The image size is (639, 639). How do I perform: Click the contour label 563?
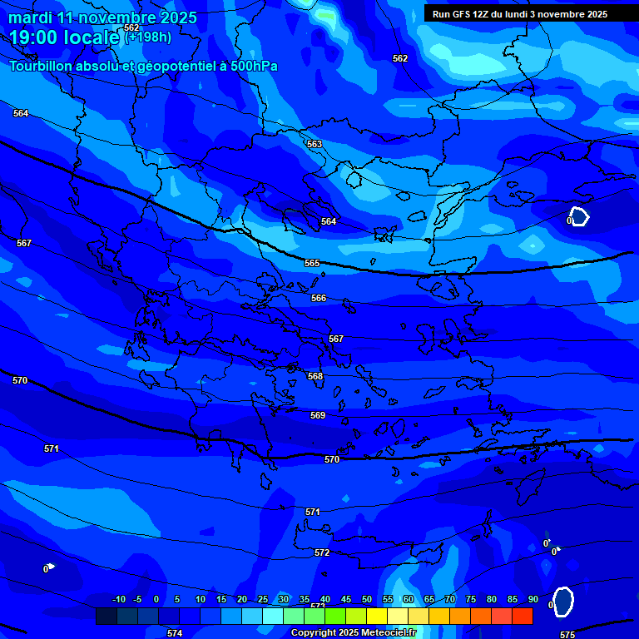(x=315, y=144)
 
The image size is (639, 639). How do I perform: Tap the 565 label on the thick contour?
(x=312, y=263)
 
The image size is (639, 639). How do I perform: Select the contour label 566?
(x=319, y=298)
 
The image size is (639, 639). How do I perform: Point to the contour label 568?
(x=315, y=376)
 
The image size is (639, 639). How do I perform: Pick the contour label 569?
(x=318, y=415)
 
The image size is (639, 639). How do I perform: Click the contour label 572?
(x=322, y=552)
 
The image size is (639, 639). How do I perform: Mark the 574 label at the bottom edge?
(x=175, y=633)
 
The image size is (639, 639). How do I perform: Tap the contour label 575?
(x=567, y=635)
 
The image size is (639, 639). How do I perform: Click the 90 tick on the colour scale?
(x=532, y=599)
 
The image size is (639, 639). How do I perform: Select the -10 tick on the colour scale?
(x=118, y=599)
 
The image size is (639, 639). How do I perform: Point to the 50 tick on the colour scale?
(x=367, y=599)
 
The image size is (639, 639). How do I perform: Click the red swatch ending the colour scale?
(x=523, y=616)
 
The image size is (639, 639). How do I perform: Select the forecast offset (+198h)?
(x=148, y=37)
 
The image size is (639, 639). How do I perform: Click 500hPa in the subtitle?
(x=249, y=67)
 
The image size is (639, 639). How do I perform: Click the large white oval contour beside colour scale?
(x=563, y=602)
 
